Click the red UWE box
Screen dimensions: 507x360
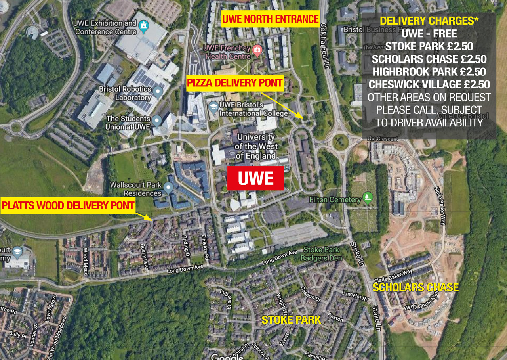pos(255,178)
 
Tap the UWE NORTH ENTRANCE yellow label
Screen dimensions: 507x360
pos(270,19)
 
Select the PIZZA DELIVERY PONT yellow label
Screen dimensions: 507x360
pos(235,83)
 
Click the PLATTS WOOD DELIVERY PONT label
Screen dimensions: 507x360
pos(68,206)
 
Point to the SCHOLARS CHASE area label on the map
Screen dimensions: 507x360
pos(416,287)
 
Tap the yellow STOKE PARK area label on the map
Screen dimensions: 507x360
pos(291,320)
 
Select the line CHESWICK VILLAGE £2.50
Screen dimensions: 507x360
pos(429,84)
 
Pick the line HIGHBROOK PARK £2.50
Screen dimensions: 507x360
pos(429,72)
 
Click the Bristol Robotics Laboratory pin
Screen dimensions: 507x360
pos(158,92)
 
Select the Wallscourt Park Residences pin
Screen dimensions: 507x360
pos(169,188)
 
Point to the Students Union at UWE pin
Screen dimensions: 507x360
pos(157,120)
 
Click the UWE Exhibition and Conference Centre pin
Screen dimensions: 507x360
pos(143,26)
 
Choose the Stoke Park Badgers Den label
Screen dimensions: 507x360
pos(321,254)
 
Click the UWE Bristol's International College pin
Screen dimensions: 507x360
pos(213,107)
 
